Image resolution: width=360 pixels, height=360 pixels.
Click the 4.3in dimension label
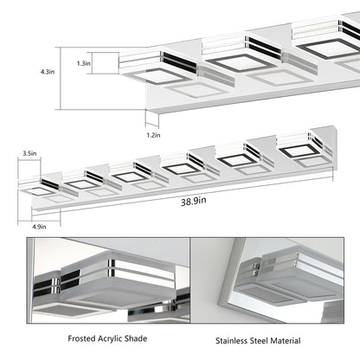(48, 72)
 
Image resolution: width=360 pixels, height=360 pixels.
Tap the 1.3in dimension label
(84, 63)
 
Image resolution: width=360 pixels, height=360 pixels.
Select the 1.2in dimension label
(153, 135)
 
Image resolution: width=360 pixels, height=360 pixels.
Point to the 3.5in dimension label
(29, 153)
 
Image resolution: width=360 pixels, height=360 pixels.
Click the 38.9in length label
(194, 201)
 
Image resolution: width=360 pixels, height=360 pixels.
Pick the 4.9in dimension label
(39, 227)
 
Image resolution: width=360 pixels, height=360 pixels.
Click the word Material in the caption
(285, 341)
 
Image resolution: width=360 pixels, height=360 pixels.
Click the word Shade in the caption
(137, 338)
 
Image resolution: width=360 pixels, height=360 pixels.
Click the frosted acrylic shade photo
(108, 280)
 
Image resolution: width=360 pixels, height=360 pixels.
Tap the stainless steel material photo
(267, 280)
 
